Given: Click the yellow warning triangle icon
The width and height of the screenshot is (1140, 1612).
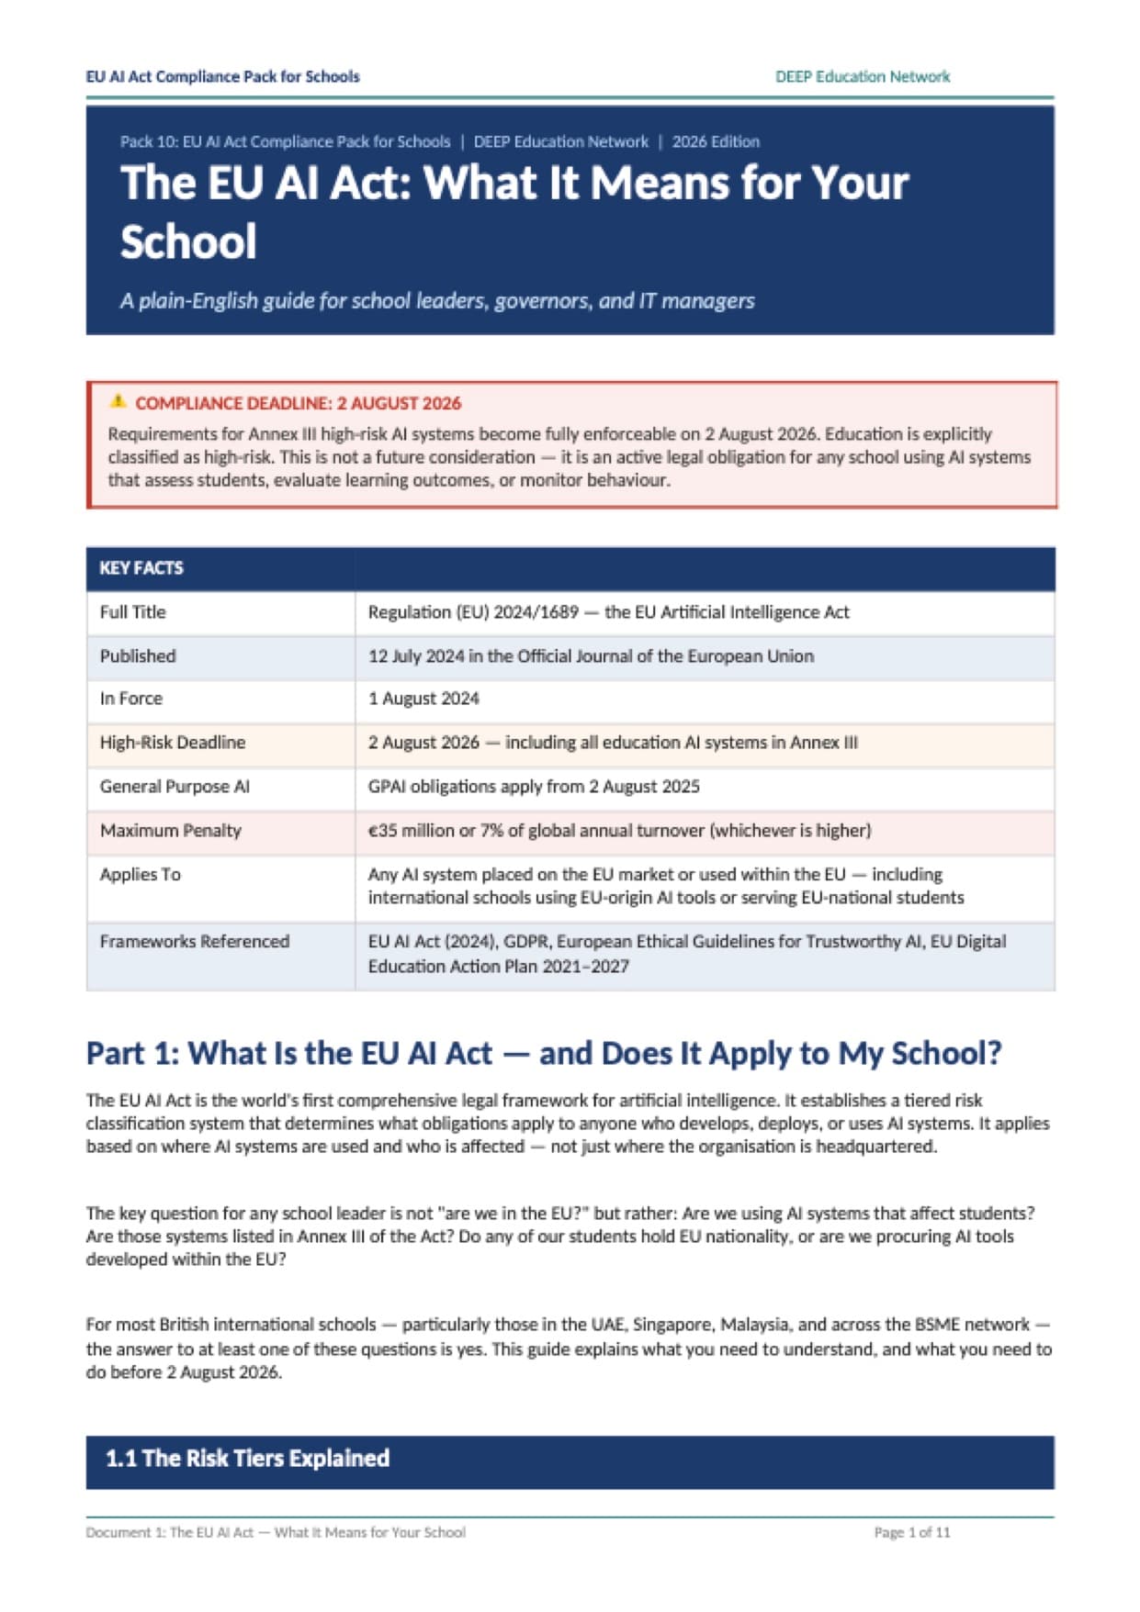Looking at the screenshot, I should point(118,401).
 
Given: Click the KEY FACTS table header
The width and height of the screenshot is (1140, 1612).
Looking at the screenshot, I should point(141,568).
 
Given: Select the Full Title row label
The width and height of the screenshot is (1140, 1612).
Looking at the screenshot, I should point(133,612).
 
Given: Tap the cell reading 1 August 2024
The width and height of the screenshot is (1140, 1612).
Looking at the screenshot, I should point(423,699).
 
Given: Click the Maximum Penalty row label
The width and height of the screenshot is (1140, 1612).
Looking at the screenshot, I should point(171,831).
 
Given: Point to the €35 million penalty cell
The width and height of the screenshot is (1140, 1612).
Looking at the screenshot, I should point(619,831).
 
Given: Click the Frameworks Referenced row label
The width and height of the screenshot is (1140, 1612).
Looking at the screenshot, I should point(195,942).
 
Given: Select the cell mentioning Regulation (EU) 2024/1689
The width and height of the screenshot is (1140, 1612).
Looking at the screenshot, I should point(608,612).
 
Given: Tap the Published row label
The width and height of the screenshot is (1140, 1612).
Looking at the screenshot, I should point(138,656).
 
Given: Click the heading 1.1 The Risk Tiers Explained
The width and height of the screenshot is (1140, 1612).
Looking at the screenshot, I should point(248,1459).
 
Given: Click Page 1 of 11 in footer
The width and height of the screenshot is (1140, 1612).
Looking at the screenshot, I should point(911,1532).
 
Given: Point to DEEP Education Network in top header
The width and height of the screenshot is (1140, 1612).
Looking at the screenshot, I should point(862,77).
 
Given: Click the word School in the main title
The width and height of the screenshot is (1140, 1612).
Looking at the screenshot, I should point(188,242).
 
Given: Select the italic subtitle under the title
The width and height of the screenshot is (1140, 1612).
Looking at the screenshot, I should point(437,301).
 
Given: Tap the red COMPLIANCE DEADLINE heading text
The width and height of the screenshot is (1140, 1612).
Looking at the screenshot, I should point(298,403).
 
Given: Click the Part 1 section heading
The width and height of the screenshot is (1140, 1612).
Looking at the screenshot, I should point(543,1053).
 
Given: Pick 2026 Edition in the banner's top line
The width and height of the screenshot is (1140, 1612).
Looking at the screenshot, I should point(716,142).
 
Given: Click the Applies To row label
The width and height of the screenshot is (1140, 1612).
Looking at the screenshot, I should point(141,875).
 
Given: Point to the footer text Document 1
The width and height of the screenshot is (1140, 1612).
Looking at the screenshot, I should point(276,1532).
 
